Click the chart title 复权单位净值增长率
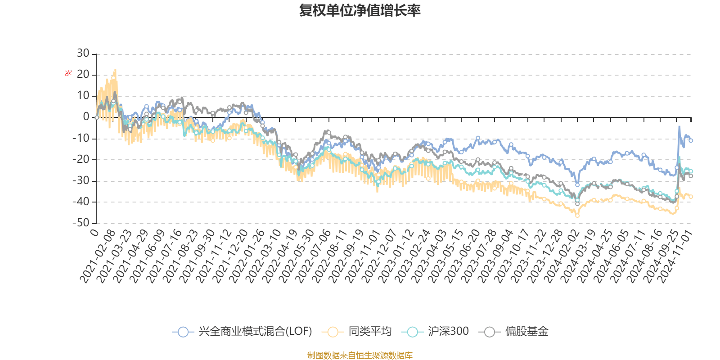[360, 10]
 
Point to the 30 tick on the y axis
[83, 54]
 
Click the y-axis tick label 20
[83, 75]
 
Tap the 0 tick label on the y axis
[86, 117]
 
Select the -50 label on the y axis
[81, 223]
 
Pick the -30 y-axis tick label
[81, 180]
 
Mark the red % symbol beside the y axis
[68, 73]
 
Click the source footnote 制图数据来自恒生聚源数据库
[360, 355]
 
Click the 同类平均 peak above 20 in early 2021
[116, 70]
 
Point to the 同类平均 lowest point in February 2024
[577, 216]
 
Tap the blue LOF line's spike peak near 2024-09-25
[679, 127]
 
